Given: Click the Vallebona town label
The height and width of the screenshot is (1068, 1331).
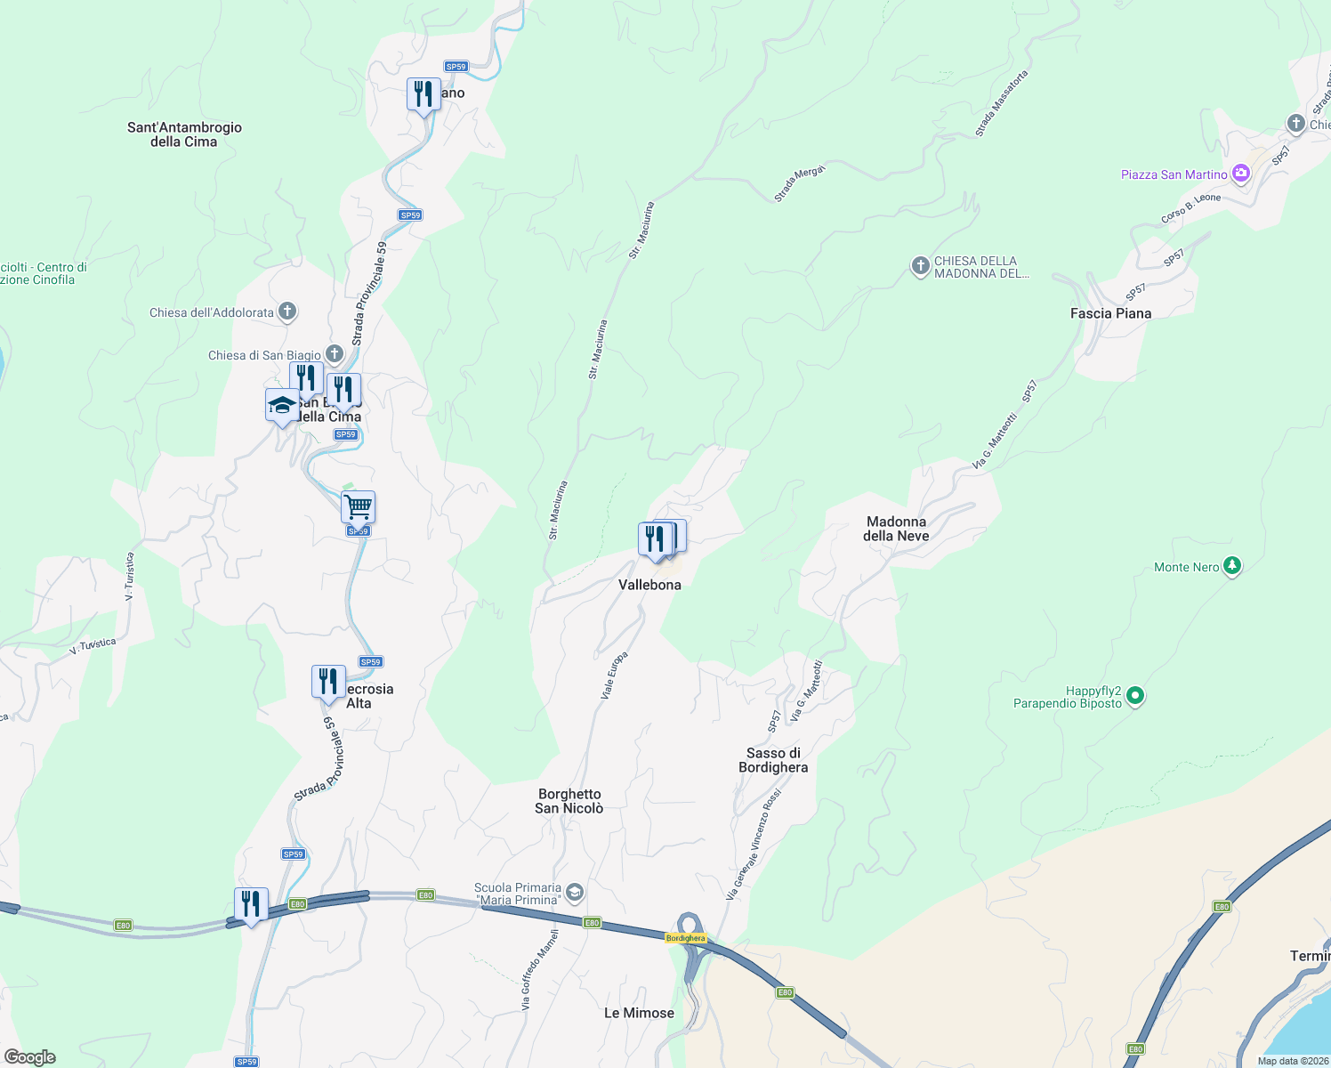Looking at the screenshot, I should tap(649, 585).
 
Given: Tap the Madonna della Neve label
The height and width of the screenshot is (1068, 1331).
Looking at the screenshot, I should tap(896, 529).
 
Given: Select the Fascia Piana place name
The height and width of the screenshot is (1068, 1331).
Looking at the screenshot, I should tap(1110, 313).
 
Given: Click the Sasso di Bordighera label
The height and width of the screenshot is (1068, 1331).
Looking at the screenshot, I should tap(773, 760).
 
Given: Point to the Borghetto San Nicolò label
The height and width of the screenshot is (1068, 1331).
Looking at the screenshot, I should tap(569, 801).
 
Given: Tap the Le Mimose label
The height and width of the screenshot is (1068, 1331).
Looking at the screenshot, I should tap(639, 1013).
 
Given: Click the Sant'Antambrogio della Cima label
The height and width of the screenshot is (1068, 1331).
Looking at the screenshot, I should tap(184, 134).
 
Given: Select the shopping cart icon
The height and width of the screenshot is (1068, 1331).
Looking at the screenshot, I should tap(358, 507).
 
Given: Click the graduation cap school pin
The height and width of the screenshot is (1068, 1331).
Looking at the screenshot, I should tap(282, 405).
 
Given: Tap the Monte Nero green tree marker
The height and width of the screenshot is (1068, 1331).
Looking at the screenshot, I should tap(1232, 565).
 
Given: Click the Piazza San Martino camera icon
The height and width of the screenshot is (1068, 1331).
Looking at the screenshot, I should tap(1240, 174).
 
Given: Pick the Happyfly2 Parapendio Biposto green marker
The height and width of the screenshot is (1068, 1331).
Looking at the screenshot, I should tap(1135, 696).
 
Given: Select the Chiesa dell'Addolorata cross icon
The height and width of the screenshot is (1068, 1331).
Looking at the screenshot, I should tap(286, 311).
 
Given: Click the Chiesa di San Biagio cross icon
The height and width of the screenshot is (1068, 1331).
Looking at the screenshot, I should tap(335, 354).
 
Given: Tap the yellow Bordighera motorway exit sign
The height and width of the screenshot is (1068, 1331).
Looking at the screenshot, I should tap(685, 938).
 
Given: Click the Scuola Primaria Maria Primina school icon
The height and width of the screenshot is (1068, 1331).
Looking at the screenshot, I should tap(575, 892).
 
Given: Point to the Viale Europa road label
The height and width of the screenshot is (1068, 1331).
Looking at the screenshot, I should tap(614, 675).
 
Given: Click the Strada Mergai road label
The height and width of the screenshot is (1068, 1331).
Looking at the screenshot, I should tap(799, 183).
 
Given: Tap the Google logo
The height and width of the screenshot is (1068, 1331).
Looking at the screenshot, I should tap(29, 1057).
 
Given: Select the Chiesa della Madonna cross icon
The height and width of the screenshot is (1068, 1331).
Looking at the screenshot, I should tap(920, 265).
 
